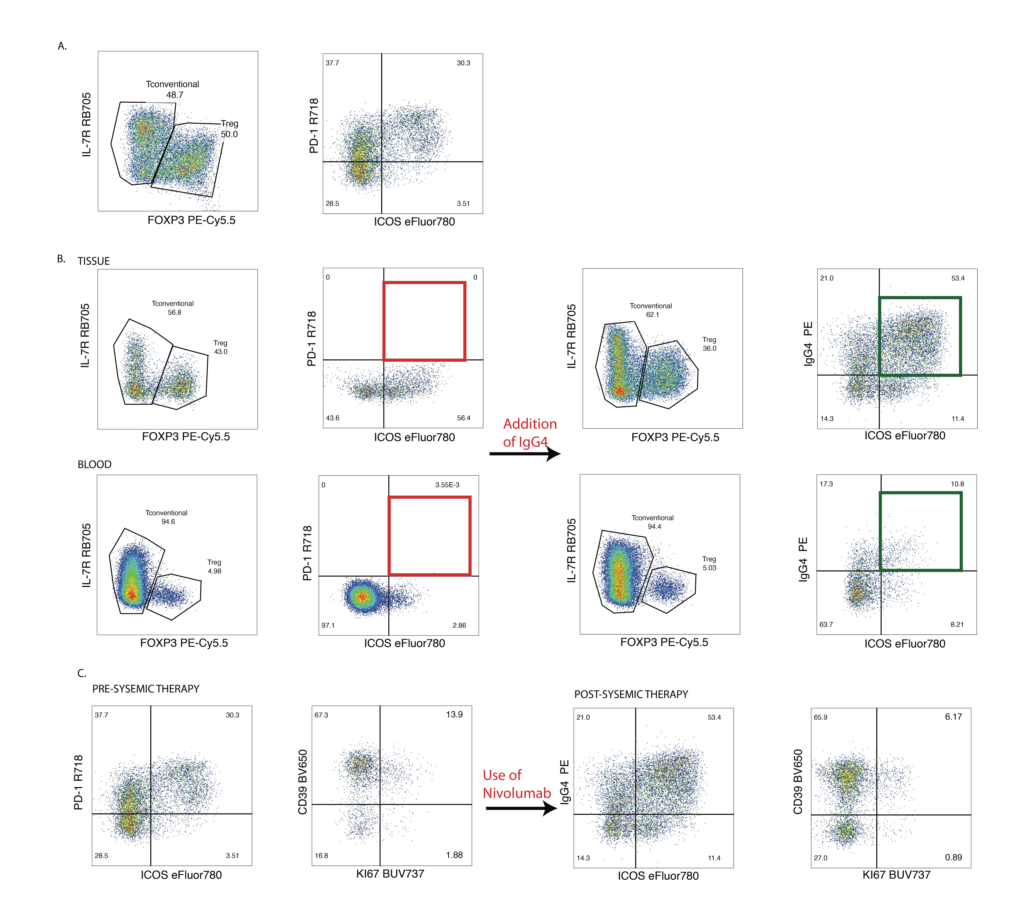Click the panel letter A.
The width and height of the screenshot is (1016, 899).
pos(62,46)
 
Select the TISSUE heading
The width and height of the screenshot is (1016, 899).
pos(93,261)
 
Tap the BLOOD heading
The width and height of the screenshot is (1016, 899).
pos(94,464)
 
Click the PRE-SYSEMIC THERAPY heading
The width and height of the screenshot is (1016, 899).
pos(146,689)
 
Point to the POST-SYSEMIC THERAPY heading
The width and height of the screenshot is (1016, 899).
pos(631,694)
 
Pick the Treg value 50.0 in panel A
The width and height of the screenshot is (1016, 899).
pos(229,134)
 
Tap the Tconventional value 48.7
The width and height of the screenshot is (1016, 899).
pos(175,95)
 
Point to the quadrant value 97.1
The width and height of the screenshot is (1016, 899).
pos(328,625)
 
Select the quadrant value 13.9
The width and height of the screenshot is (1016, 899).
pos(454,715)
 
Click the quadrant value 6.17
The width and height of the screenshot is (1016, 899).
pos(953,716)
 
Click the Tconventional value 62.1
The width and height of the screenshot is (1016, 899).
pos(652,315)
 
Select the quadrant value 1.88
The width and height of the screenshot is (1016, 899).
pos(454,855)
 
